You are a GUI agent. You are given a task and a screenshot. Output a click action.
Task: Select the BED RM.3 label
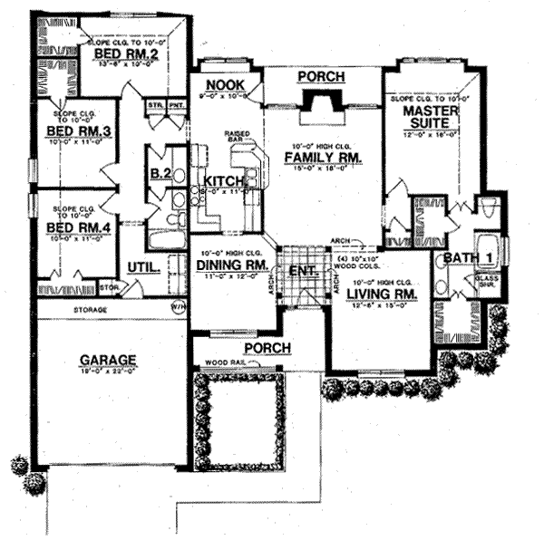click(x=78, y=132)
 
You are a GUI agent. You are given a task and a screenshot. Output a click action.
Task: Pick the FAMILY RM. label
click(x=322, y=158)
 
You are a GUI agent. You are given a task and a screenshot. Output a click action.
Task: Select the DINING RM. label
click(x=231, y=265)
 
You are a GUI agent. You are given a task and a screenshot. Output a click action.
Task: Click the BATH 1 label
click(x=468, y=259)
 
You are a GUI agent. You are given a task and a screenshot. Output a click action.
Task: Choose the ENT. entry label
click(x=301, y=269)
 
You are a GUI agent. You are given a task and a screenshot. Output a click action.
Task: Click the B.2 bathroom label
click(x=161, y=173)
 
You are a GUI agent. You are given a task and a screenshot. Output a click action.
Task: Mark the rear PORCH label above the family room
click(x=321, y=78)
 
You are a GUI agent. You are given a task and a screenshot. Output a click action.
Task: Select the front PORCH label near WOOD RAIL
click(x=266, y=348)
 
